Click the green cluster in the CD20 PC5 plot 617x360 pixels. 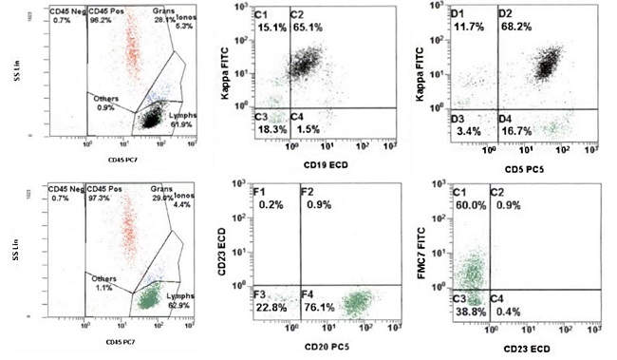tap(356, 304)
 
